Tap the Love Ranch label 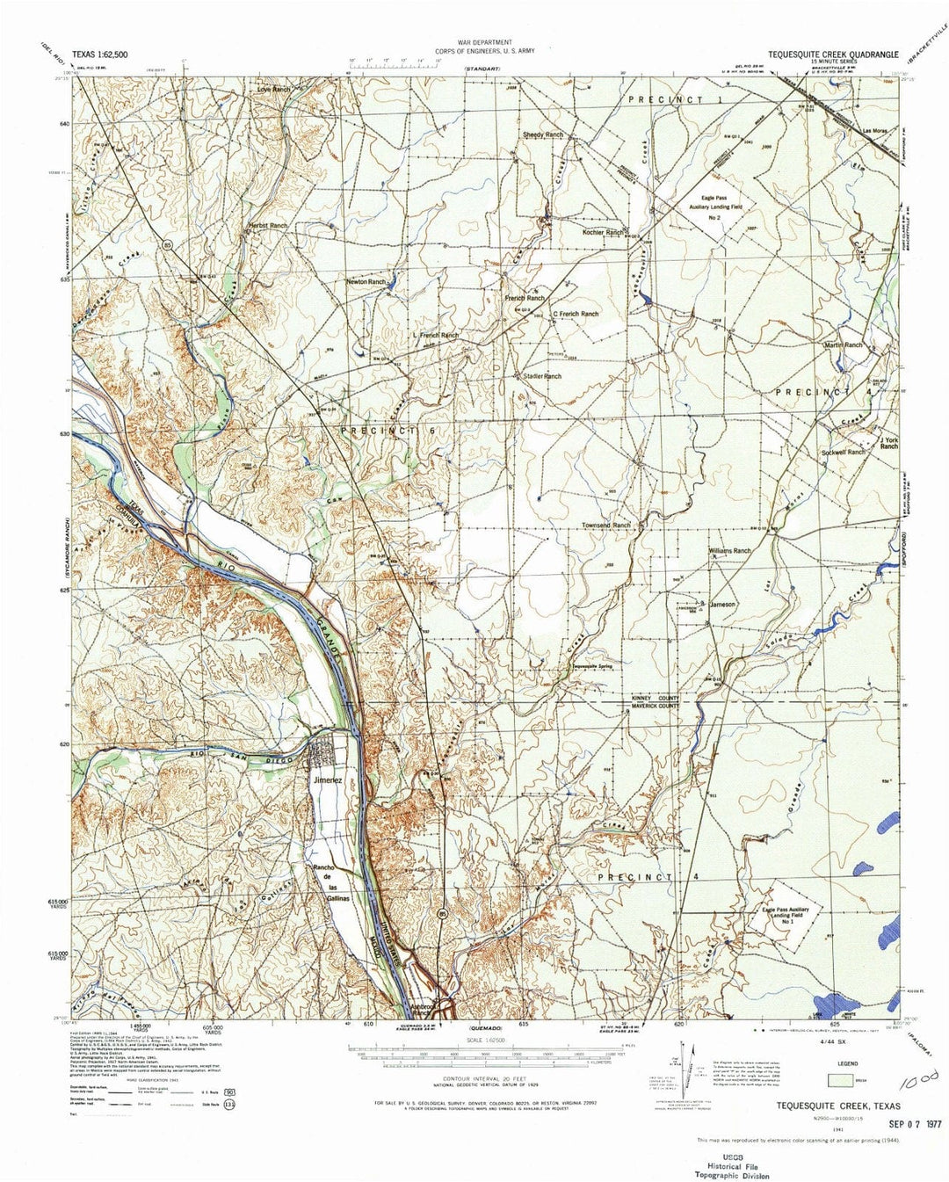click(x=272, y=90)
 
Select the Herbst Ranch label click(x=267, y=226)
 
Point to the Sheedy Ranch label click(x=543, y=134)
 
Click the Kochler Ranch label click(x=603, y=233)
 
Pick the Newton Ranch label click(x=365, y=282)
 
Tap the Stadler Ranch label click(x=541, y=376)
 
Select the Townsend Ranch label click(x=607, y=525)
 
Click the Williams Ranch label click(x=729, y=551)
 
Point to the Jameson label click(x=722, y=605)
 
